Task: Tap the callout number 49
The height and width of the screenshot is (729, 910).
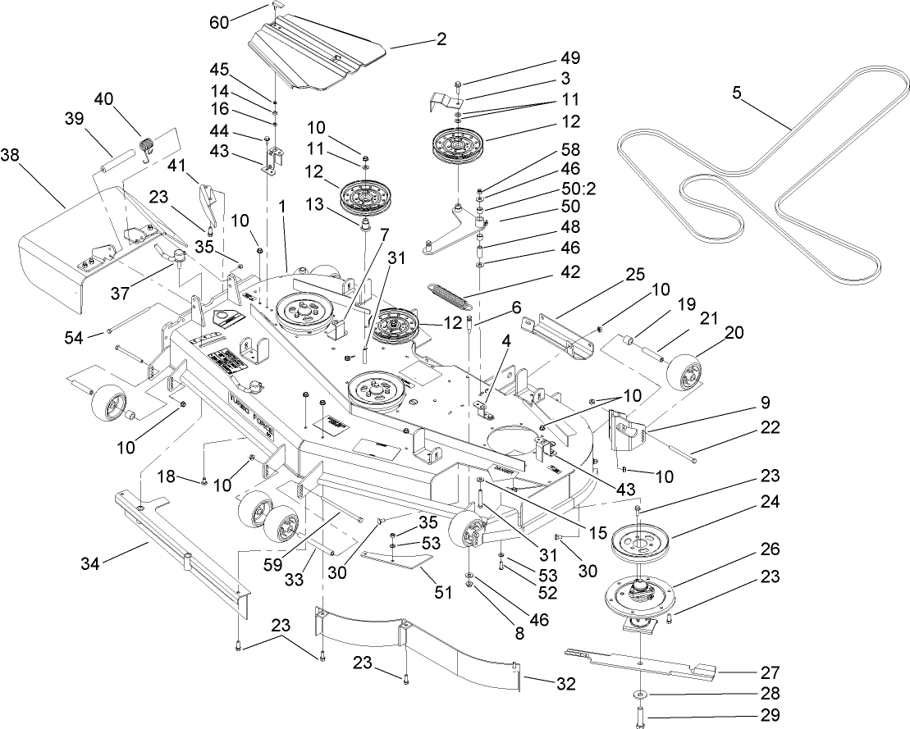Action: [x=569, y=57]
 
